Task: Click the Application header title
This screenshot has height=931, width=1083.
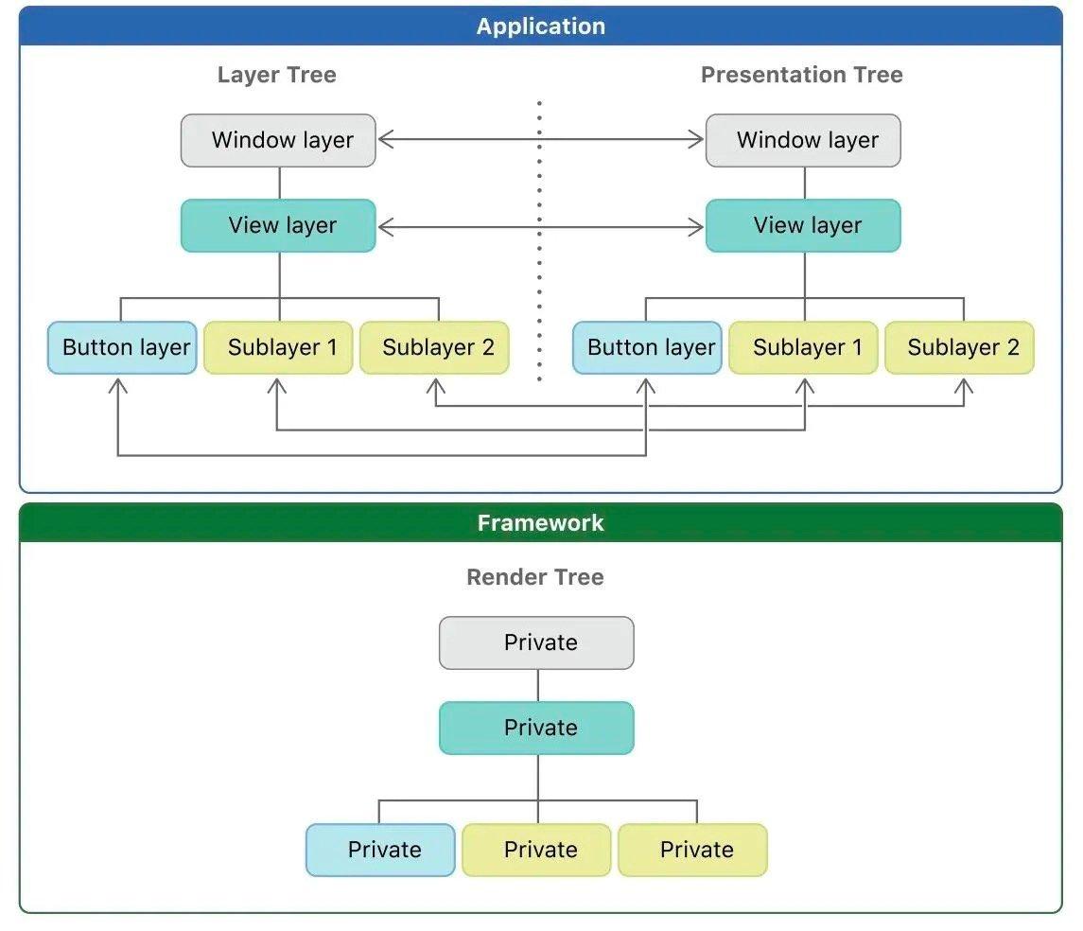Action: click(541, 26)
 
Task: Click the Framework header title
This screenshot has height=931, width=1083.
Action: click(541, 523)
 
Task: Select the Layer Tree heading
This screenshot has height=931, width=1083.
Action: click(277, 75)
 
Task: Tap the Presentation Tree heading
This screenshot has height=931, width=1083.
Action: click(802, 75)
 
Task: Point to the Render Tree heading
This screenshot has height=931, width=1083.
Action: click(535, 577)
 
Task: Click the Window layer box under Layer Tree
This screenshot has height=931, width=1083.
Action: click(278, 140)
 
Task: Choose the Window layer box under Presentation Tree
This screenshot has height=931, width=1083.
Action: click(803, 140)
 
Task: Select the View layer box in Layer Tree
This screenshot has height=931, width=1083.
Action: click(278, 226)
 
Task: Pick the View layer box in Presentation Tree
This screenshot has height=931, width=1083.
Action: click(803, 226)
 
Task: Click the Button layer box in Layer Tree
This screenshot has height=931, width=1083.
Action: click(122, 347)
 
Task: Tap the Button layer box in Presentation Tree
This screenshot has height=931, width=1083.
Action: click(647, 347)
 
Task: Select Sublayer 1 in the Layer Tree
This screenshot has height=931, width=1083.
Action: click(278, 347)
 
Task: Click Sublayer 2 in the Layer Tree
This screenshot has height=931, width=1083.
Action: click(434, 347)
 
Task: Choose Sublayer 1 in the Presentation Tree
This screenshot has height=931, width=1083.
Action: click(803, 347)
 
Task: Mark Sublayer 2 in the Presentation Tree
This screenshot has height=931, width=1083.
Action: click(959, 347)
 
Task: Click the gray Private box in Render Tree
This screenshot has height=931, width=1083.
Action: click(536, 643)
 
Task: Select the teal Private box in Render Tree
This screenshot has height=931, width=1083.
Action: click(536, 728)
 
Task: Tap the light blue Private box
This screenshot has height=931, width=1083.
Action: click(380, 851)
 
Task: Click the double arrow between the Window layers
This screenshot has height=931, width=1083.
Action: click(541, 139)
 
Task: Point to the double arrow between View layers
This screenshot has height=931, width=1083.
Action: click(541, 226)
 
